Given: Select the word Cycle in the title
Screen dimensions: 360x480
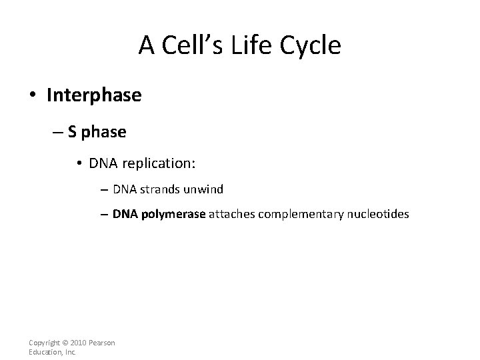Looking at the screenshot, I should (x=309, y=45).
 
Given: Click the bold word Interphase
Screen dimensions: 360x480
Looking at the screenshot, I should (x=94, y=95).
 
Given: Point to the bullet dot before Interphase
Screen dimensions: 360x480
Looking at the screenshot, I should (x=33, y=96).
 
